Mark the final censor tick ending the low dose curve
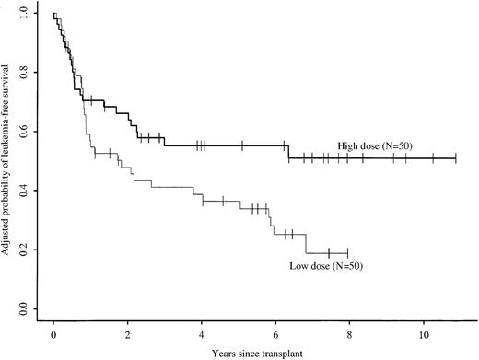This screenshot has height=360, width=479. (x=347, y=252)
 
